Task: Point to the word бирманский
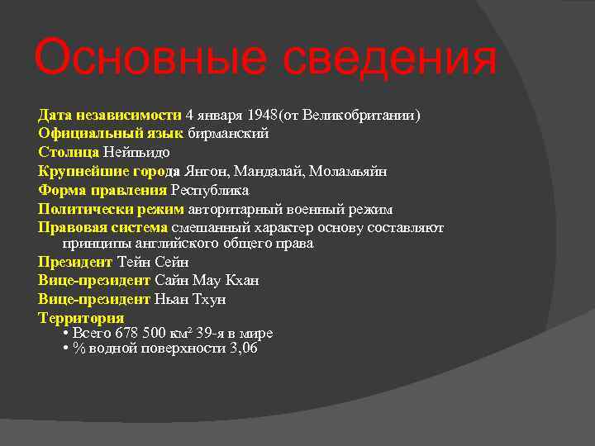pos(228,133)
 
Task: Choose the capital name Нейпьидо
pos(136,152)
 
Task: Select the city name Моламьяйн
pos(348,171)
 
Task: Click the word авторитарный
pos(234,209)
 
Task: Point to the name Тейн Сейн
pos(154,263)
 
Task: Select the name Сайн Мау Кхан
pos(207,281)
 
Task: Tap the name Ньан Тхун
pos(190,299)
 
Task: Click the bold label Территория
pos(81,318)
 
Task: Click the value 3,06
pos(244,349)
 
